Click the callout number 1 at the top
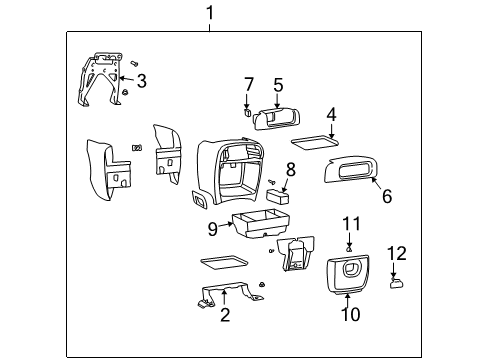click(x=210, y=13)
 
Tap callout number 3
click(x=142, y=81)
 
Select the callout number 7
click(x=249, y=85)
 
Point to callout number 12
click(x=397, y=253)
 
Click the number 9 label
click(x=212, y=229)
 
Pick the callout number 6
click(x=387, y=196)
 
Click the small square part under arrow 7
click(x=247, y=112)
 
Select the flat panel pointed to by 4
click(x=315, y=142)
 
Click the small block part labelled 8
click(x=277, y=197)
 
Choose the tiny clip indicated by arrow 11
click(x=349, y=248)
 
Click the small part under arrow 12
click(x=396, y=283)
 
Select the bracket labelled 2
click(x=230, y=293)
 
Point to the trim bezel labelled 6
click(x=352, y=170)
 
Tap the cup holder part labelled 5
click(x=277, y=119)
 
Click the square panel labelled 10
click(x=348, y=275)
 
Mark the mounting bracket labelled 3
click(x=100, y=79)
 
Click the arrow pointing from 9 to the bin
click(x=226, y=225)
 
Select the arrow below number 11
click(x=349, y=239)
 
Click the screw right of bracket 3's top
click(x=135, y=63)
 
